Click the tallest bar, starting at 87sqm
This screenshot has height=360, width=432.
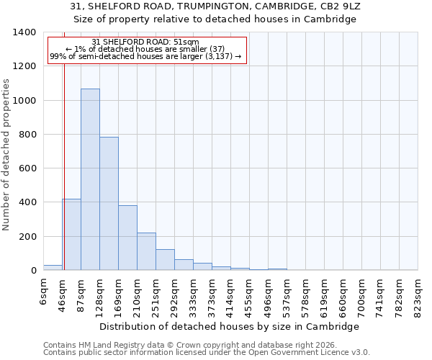click(90, 179)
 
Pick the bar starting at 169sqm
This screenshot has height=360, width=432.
click(127, 238)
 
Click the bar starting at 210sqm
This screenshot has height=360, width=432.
click(146, 251)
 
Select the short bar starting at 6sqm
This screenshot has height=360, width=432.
click(53, 267)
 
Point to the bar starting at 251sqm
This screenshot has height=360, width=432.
click(165, 260)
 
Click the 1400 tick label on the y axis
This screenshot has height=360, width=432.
click(24, 32)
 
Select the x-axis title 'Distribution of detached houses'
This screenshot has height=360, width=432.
click(230, 326)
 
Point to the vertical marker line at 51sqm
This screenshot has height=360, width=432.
click(64, 144)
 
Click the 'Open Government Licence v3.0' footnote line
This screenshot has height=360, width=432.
click(207, 353)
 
